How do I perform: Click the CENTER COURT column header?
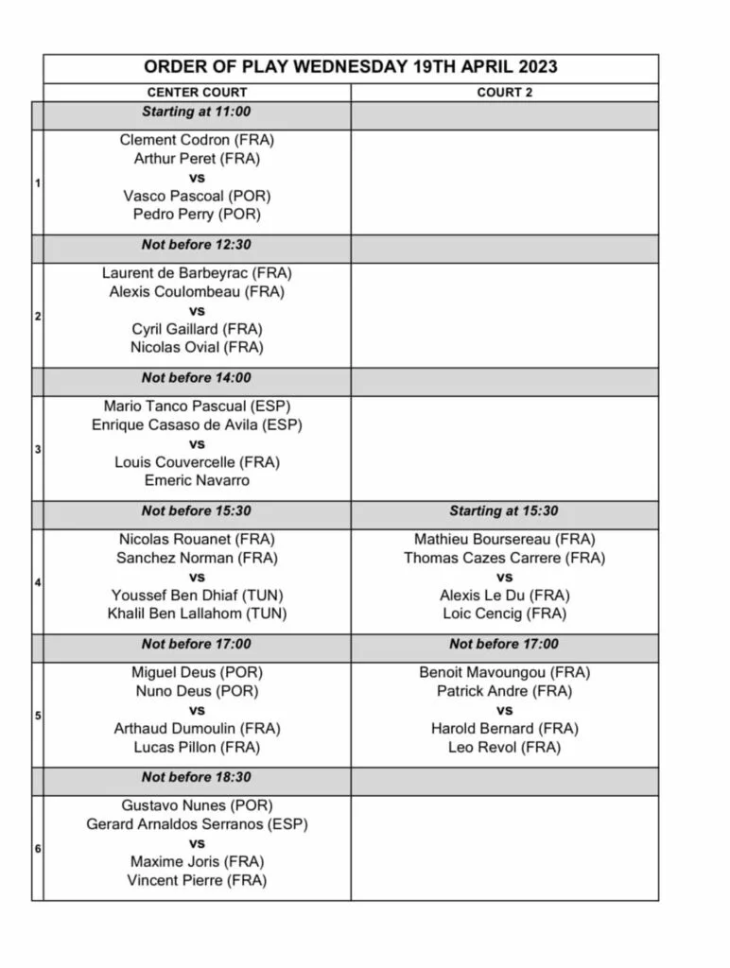pyautogui.click(x=197, y=93)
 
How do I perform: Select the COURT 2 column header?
pyautogui.click(x=504, y=93)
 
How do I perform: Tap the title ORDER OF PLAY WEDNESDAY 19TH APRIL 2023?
pyautogui.click(x=350, y=67)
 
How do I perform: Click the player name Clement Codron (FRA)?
pyautogui.click(x=197, y=140)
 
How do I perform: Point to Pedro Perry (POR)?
pyautogui.click(x=197, y=215)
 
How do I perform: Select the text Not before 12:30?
pyautogui.click(x=197, y=245)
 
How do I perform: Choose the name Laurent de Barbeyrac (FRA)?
pyautogui.click(x=197, y=273)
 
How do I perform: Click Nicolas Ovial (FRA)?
pyautogui.click(x=197, y=348)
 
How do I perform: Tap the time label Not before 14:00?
pyautogui.click(x=197, y=378)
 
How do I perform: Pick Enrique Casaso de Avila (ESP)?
pyautogui.click(x=197, y=425)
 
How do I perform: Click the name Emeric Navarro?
pyautogui.click(x=197, y=481)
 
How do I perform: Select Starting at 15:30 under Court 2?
pyautogui.click(x=504, y=511)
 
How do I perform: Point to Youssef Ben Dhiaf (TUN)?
pyautogui.click(x=197, y=596)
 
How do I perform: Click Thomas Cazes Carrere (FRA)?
pyautogui.click(x=504, y=558)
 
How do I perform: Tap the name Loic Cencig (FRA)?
pyautogui.click(x=504, y=614)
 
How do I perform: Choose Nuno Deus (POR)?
pyautogui.click(x=197, y=691)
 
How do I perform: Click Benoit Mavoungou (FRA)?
pyautogui.click(x=504, y=673)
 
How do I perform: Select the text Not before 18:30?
pyautogui.click(x=197, y=777)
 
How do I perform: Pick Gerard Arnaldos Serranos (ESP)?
pyautogui.click(x=197, y=824)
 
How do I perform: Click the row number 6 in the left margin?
pyautogui.click(x=38, y=849)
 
